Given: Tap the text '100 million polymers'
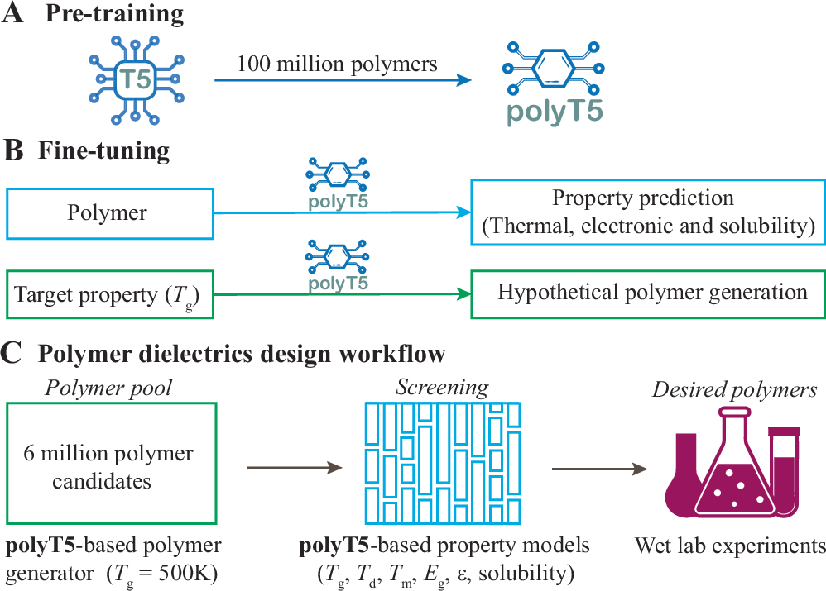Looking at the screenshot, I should tap(337, 64).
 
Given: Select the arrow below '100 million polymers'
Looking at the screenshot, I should tap(343, 80).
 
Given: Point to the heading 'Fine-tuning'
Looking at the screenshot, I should tap(103, 150).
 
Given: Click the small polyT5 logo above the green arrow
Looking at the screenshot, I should tap(336, 265).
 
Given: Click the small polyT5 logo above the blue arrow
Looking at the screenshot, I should tap(336, 184).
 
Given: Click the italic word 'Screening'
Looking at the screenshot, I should tap(442, 387).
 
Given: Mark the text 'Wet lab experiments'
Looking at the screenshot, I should tap(730, 546).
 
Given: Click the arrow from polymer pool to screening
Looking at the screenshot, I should tap(294, 469).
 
